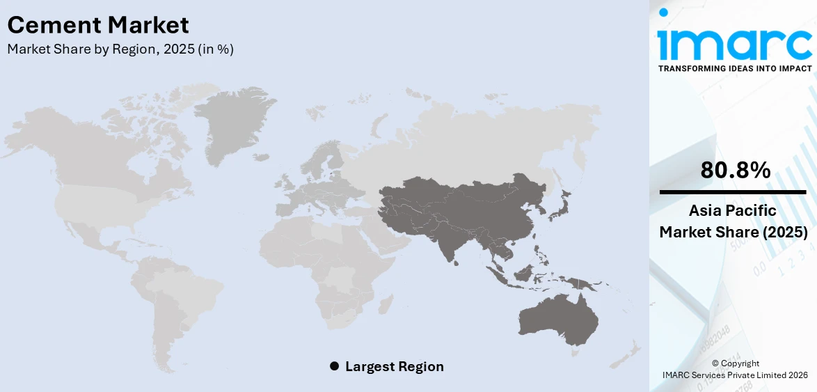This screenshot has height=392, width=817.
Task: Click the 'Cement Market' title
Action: [97, 26]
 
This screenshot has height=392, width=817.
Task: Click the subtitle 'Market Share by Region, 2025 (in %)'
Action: [120, 49]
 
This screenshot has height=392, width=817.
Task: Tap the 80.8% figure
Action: [735, 170]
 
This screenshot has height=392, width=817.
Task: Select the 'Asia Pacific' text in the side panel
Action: [733, 211]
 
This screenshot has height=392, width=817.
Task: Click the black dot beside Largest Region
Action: [334, 366]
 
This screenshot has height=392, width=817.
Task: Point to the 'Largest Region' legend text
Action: [394, 366]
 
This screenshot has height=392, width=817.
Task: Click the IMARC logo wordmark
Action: [734, 43]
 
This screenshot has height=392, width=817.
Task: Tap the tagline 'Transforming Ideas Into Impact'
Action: [734, 68]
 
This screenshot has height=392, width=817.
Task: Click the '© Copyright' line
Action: [735, 363]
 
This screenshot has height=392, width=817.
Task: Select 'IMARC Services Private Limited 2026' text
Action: [735, 375]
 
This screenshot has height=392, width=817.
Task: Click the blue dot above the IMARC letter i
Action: [663, 13]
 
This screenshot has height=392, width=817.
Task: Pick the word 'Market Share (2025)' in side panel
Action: [733, 232]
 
